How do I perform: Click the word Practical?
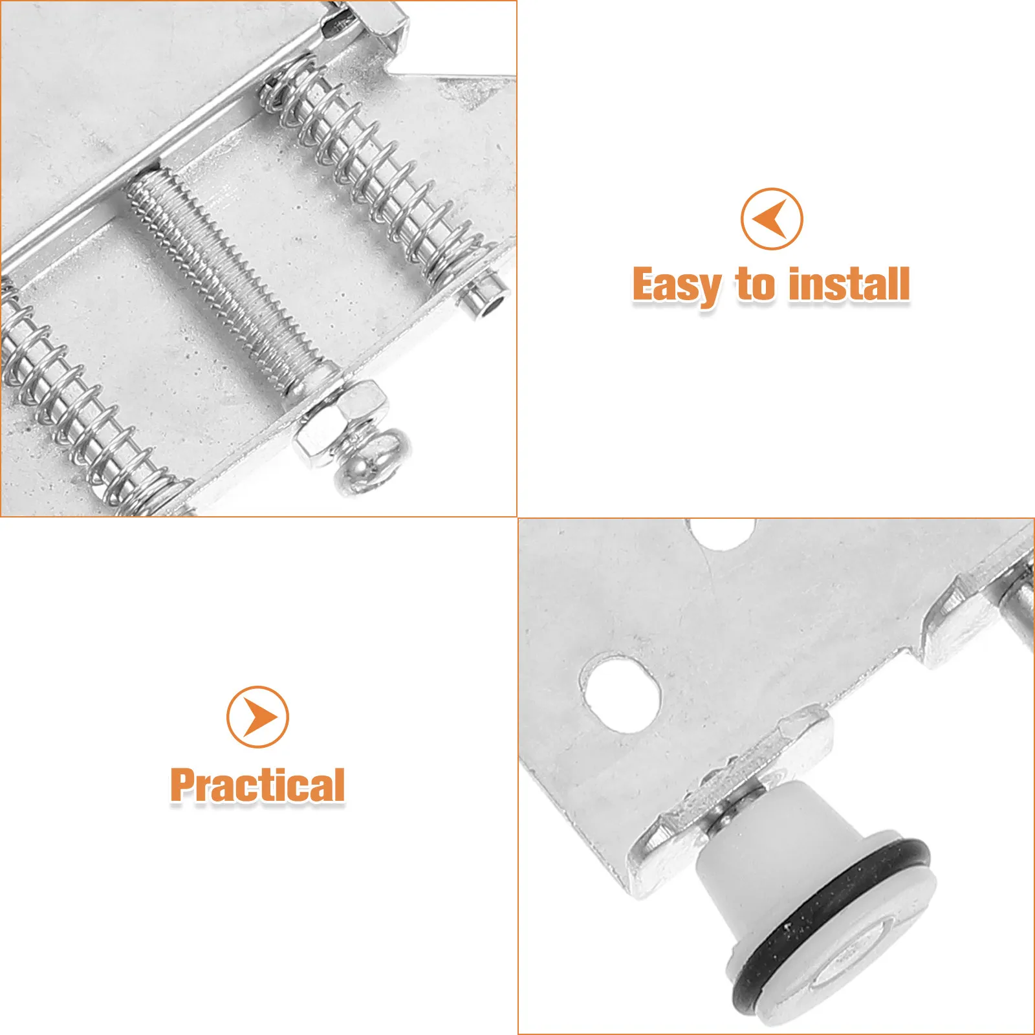pos(257,785)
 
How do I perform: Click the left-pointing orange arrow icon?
pos(772,219)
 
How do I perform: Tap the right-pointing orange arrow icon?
pos(257,717)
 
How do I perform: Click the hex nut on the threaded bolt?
pos(341,422)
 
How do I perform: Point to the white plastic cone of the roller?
pos(763,841)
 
